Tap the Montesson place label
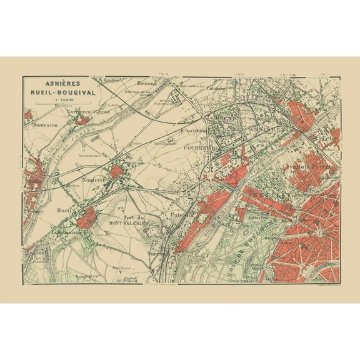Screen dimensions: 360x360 pos(45,124)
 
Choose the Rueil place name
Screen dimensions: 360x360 pos(64,210)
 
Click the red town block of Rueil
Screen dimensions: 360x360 pos(86,217)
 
